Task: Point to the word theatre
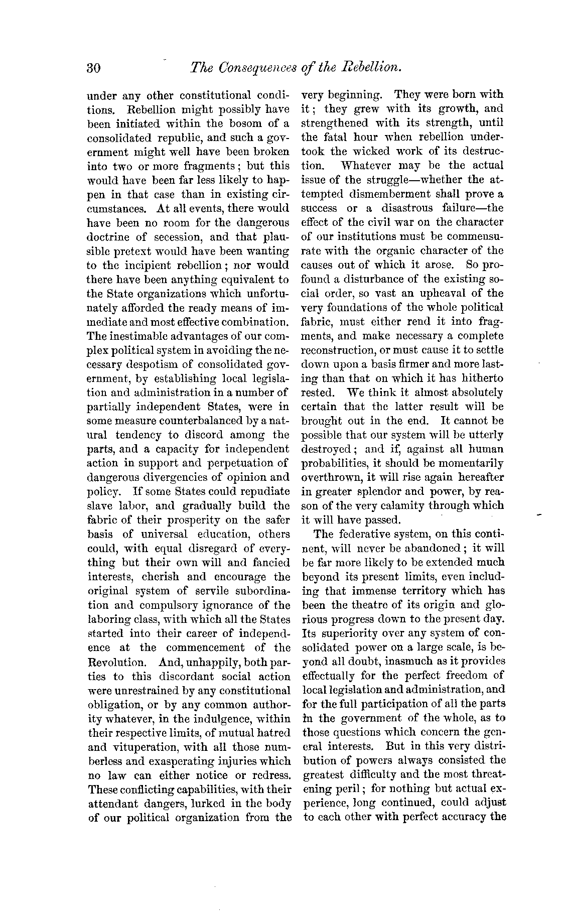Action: (x=364, y=605)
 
